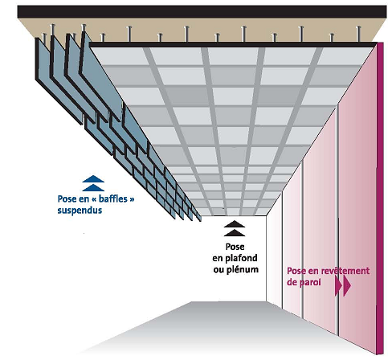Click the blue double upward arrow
click(93, 182)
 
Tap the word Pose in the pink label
click(297, 271)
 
